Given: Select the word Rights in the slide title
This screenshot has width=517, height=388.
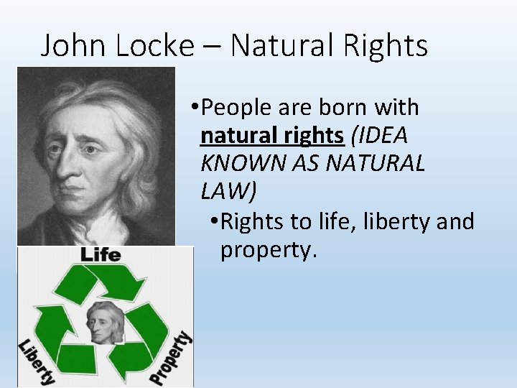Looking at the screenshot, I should pos(386,46).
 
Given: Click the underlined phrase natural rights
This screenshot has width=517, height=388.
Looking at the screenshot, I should pos(272,135).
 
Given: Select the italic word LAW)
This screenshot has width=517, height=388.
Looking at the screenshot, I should pos(229,191).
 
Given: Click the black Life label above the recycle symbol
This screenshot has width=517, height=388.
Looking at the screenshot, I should pos(101,254).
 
